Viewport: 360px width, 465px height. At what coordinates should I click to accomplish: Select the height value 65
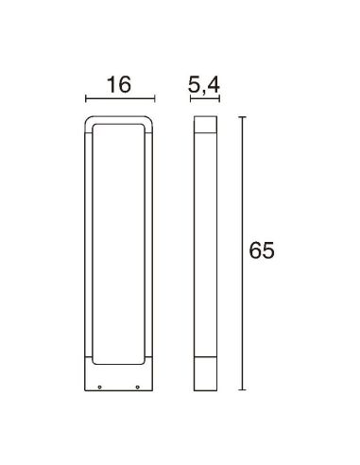(262, 251)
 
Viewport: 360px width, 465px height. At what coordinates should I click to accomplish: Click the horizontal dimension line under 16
(118, 97)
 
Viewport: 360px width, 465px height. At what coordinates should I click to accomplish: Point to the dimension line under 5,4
(205, 97)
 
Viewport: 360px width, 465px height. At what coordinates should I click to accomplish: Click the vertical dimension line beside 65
(243, 251)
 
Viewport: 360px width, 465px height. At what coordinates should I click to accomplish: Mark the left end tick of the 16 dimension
(86, 97)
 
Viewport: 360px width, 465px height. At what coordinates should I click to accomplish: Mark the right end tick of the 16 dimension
(151, 97)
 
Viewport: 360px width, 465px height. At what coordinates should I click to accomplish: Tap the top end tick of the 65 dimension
(243, 116)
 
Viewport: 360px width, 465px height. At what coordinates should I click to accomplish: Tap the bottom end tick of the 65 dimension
(243, 388)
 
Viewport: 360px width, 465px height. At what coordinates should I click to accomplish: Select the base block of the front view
(118, 376)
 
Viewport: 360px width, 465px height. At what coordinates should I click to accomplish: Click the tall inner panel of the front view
(118, 240)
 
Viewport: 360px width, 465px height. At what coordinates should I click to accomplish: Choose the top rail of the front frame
(118, 119)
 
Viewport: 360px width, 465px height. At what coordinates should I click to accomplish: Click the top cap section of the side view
(205, 126)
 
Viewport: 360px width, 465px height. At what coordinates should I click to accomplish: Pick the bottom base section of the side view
(205, 373)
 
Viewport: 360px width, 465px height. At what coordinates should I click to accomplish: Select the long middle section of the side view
(205, 246)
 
